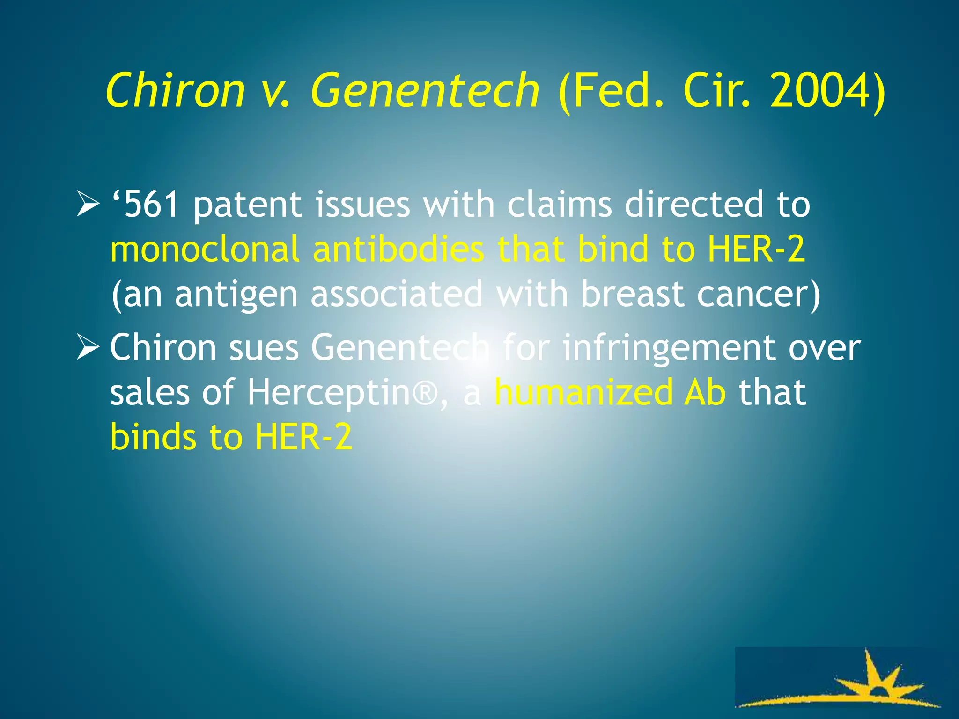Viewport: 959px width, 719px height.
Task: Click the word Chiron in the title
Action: [x=176, y=90]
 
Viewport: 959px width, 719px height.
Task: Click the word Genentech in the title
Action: [x=425, y=90]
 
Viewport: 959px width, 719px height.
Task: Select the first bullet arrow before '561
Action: [x=88, y=205]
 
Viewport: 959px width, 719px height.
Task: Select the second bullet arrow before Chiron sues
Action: [x=88, y=348]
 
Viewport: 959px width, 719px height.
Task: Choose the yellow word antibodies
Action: [x=398, y=249]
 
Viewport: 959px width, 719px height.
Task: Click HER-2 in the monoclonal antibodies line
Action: [x=756, y=249]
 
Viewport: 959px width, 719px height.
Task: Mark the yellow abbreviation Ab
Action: [x=704, y=392]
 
